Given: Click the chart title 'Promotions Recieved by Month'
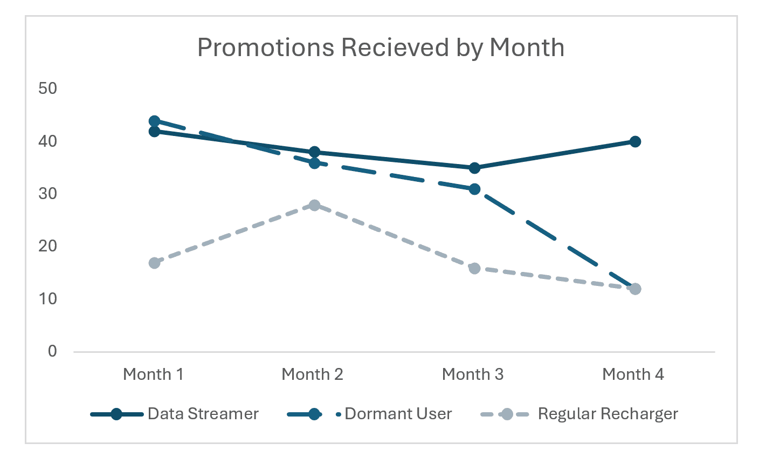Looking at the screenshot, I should click(x=381, y=47).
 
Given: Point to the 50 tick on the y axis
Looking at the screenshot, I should click(x=48, y=88).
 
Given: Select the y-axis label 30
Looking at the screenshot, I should click(x=48, y=193).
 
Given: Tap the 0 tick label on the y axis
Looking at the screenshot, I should click(x=52, y=351).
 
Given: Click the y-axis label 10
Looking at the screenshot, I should click(x=48, y=298).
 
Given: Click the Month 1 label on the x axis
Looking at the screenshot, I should click(x=153, y=374).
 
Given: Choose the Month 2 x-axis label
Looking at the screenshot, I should click(x=312, y=374).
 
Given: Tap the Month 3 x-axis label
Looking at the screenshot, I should click(x=472, y=374).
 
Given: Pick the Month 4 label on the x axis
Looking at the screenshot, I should click(x=633, y=374).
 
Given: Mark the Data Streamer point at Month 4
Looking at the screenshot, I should click(x=635, y=142).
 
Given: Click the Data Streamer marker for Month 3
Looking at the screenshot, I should click(x=474, y=168).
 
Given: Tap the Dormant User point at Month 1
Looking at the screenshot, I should click(x=154, y=121).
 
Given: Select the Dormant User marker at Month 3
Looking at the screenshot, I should click(x=474, y=189).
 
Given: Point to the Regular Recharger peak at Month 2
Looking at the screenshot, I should click(x=314, y=205).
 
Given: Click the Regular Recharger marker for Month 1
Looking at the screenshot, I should click(x=154, y=263).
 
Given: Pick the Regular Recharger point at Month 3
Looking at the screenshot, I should click(x=474, y=268).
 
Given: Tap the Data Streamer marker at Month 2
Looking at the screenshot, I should click(x=314, y=152).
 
